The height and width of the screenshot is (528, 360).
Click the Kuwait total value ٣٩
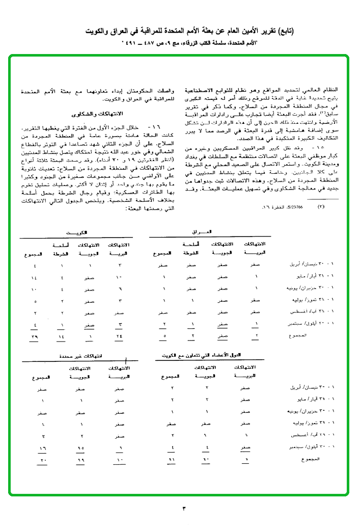tap(35, 337)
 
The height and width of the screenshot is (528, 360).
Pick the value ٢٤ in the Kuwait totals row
tap(119, 337)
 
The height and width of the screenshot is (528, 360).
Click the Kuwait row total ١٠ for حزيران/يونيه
tap(35, 289)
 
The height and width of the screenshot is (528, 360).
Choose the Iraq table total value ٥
tap(163, 337)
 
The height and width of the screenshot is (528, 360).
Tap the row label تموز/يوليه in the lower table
tap(311, 423)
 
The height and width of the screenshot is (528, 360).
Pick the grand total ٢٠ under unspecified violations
tap(44, 460)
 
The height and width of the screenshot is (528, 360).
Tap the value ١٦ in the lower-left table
tap(44, 448)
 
